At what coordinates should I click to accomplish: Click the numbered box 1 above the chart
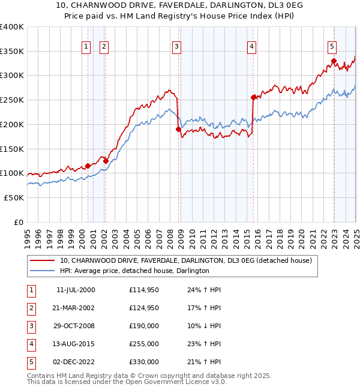(x=86, y=46)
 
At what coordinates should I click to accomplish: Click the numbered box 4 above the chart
(x=252, y=46)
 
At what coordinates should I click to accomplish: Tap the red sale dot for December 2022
(x=333, y=61)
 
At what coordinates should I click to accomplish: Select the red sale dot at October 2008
(x=178, y=129)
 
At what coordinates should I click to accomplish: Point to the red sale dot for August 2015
(x=253, y=97)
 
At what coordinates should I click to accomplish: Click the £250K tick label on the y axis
(x=12, y=100)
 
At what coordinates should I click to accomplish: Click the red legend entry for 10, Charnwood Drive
(x=185, y=261)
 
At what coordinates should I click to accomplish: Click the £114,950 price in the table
(x=143, y=290)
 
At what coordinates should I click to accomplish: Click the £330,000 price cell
(x=143, y=362)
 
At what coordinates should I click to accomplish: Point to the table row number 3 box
(x=31, y=326)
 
